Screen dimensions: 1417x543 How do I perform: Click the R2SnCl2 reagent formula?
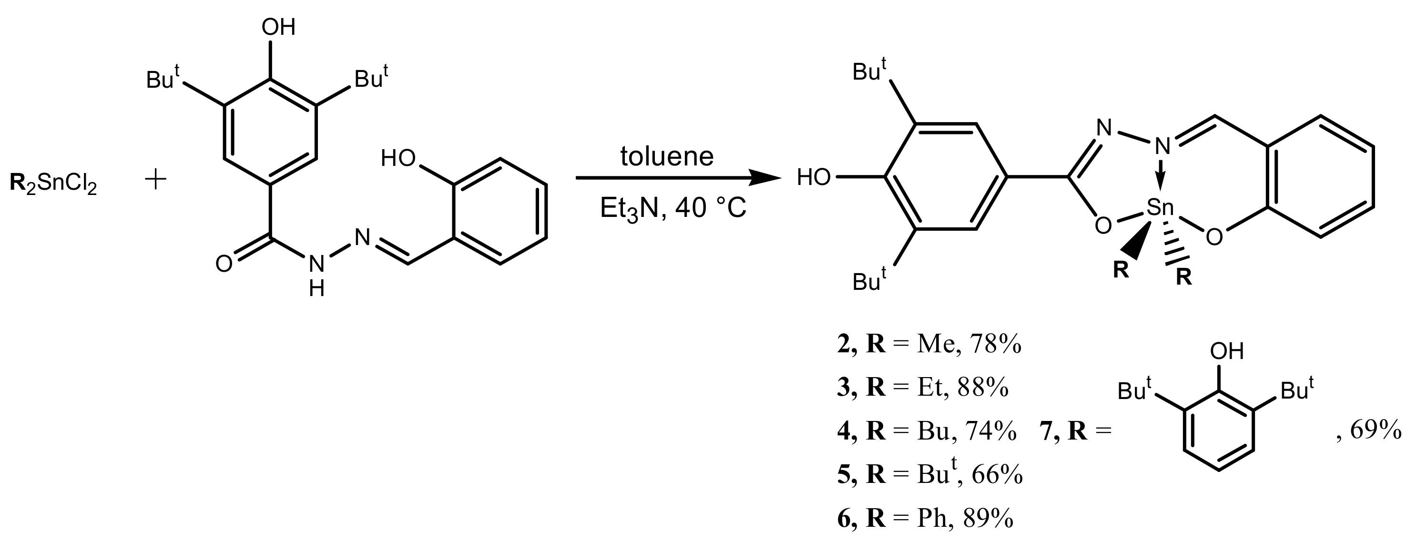(53, 183)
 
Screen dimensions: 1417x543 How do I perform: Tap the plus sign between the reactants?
(156, 180)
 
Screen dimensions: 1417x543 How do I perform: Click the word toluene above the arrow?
(667, 156)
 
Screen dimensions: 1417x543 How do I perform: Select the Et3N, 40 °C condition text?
(673, 208)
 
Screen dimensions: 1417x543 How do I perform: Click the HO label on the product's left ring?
(814, 178)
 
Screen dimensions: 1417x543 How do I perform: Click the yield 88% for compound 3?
(983, 388)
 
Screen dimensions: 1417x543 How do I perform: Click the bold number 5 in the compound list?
(843, 475)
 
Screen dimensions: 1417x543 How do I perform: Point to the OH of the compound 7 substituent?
(1227, 351)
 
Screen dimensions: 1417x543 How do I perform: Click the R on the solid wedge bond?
(1121, 271)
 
